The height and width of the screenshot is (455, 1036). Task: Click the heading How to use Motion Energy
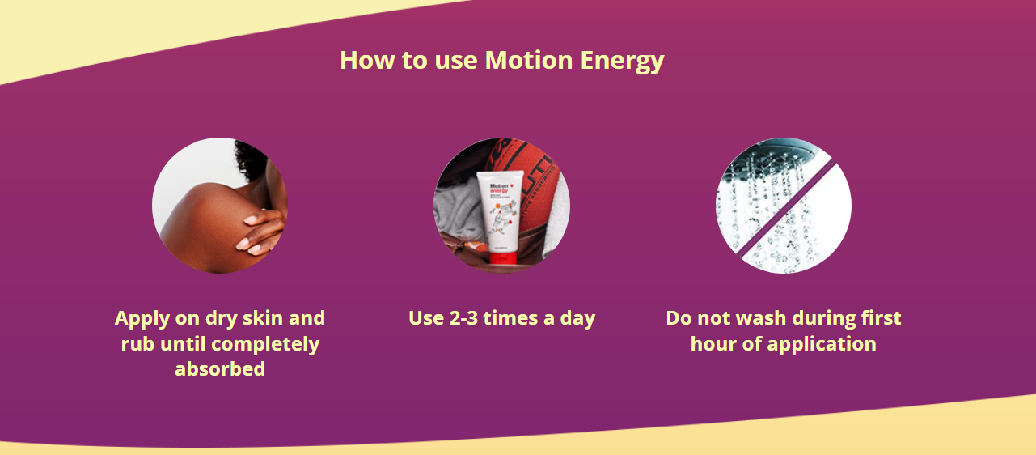pyautogui.click(x=501, y=61)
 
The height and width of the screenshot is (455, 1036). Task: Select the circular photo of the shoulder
pyautogui.click(x=219, y=205)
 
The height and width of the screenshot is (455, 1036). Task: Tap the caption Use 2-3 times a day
pyautogui.click(x=501, y=318)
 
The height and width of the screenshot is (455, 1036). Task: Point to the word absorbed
pyautogui.click(x=220, y=369)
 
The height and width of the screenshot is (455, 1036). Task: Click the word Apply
pyautogui.click(x=142, y=318)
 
